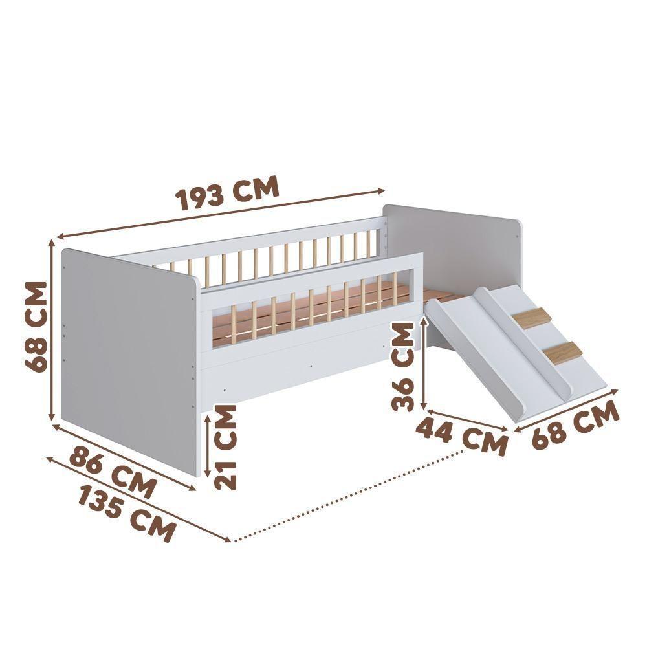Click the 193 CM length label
point(228,192)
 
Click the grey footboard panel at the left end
point(126,356)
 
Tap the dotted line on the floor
point(349,495)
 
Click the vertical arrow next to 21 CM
point(207,446)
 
